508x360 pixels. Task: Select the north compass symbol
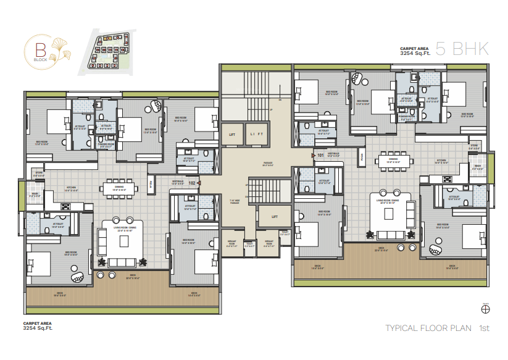click(485, 309)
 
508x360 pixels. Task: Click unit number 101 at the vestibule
click(320, 156)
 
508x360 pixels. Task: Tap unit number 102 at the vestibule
click(191, 183)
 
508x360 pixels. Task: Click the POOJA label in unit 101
click(362, 157)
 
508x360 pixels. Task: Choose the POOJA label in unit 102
click(151, 183)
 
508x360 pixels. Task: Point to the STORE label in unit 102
click(38, 175)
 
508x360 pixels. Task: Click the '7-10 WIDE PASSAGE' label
click(233, 202)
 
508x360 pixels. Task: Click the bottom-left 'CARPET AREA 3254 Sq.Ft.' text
click(36, 326)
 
